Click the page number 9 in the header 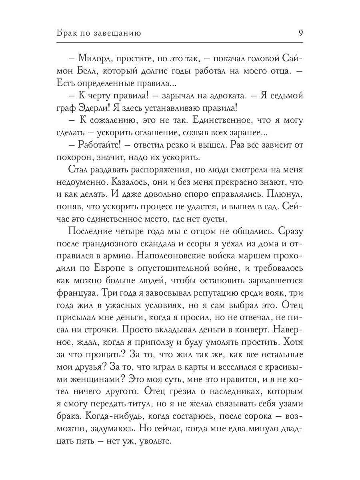coord(300,33)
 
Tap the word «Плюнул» coord(284,194)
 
